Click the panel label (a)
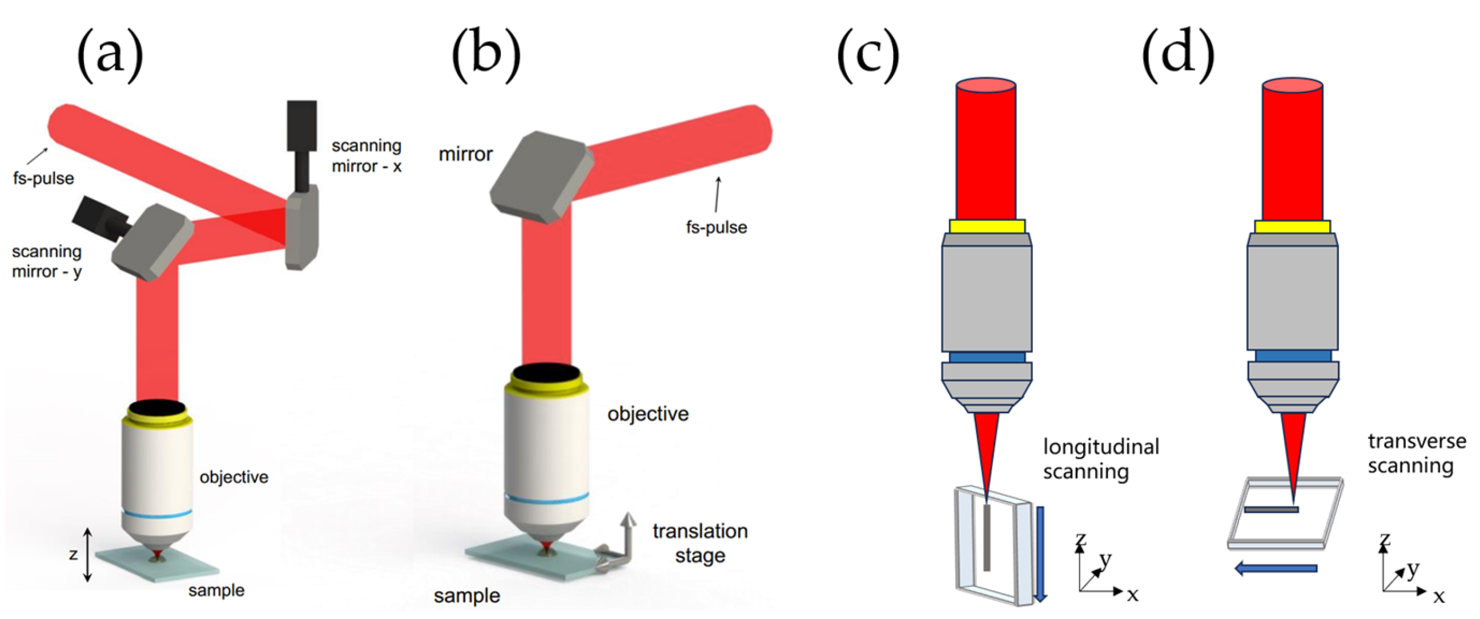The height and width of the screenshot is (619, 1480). [x=110, y=56]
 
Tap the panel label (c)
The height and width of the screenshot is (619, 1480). [x=867, y=56]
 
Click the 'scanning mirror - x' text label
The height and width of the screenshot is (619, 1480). [x=367, y=156]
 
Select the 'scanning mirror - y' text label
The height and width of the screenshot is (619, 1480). [x=47, y=261]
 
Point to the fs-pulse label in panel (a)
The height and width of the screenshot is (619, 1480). [x=43, y=179]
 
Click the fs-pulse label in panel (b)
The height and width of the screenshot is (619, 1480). [x=716, y=228]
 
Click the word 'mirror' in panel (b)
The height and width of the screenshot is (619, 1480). [x=465, y=155]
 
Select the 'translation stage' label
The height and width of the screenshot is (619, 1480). [x=700, y=543]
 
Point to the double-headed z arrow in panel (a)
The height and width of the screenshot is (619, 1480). [x=87, y=554]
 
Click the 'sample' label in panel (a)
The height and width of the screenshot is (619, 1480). [x=216, y=590]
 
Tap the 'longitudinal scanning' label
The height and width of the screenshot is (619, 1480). [x=1101, y=459]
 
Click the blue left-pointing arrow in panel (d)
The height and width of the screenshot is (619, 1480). [x=1276, y=568]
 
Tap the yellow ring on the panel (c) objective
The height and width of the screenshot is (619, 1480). [x=987, y=226]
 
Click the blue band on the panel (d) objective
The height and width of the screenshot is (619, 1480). [x=1293, y=356]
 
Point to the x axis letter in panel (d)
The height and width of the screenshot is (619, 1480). [x=1438, y=597]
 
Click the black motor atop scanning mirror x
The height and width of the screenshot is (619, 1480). [x=302, y=126]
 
